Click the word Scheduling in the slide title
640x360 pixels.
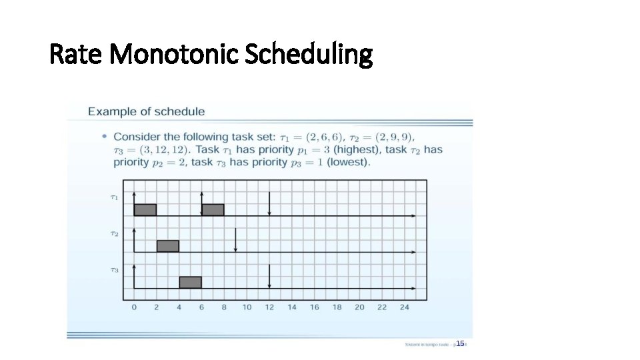coord(308,55)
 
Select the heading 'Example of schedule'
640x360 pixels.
coord(147,111)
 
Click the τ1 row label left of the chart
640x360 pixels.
coord(115,197)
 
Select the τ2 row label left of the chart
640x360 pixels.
coord(115,234)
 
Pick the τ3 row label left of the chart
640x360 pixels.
coord(115,270)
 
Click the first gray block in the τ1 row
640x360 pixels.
coord(145,210)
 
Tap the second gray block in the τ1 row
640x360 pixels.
coord(213,210)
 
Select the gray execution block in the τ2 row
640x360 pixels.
coord(168,246)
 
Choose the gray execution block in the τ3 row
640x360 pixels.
coord(190,282)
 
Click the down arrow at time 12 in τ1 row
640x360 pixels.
coord(269,203)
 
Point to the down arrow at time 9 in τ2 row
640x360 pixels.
coord(235,240)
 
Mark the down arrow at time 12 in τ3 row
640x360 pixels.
coord(269,276)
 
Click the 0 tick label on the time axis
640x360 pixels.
coord(134,307)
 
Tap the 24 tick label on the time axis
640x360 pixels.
coord(405,307)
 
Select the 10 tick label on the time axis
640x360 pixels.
coord(247,307)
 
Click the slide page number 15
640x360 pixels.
coord(460,343)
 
